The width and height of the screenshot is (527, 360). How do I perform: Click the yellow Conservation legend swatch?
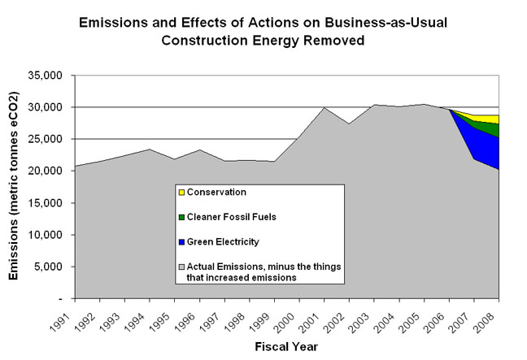coord(182,193)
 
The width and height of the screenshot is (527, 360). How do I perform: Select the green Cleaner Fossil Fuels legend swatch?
coord(182,217)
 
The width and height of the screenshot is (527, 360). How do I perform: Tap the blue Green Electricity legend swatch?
coord(182,242)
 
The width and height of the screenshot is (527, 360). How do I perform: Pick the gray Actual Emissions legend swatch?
coord(182,267)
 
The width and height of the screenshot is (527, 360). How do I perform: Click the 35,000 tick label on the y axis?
coord(46,76)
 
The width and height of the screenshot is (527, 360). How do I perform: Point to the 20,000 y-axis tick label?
coord(46,171)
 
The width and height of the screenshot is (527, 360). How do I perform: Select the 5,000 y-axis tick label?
coord(48,267)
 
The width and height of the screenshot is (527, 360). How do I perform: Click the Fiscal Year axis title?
coord(286,346)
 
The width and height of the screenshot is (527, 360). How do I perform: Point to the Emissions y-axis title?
coord(14,186)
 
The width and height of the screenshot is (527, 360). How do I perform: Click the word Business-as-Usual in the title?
coord(385,23)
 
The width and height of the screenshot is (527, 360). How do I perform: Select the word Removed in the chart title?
coord(334,41)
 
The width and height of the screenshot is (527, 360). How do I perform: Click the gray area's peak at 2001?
coord(324,107)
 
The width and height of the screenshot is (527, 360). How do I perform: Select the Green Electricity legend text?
coord(223,242)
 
